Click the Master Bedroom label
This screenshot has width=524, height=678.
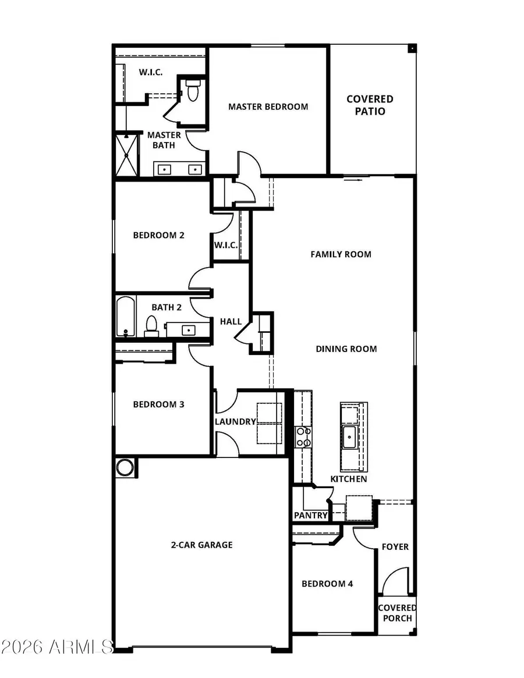click(268, 107)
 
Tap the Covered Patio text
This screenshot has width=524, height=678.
click(370, 105)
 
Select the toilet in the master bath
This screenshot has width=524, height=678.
click(193, 91)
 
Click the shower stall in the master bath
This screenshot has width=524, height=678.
click(127, 154)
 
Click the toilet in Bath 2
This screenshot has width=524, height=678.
click(151, 326)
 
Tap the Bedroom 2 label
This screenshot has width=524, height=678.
click(158, 235)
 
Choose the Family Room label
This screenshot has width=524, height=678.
click(341, 254)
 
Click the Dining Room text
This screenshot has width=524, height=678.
click(346, 349)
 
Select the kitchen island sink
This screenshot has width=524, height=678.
click(350, 436)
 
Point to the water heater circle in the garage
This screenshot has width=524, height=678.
click(125, 467)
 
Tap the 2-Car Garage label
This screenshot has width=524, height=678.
click(201, 545)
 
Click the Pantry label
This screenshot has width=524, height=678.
click(311, 516)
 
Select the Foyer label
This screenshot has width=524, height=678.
click(395, 547)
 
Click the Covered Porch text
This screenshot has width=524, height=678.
click(397, 613)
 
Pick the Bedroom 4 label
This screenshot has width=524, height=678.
click(327, 584)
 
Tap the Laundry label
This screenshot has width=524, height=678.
click(235, 422)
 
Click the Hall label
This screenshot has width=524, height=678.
click(231, 321)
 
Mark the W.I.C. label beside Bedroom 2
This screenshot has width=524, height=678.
click(225, 245)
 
